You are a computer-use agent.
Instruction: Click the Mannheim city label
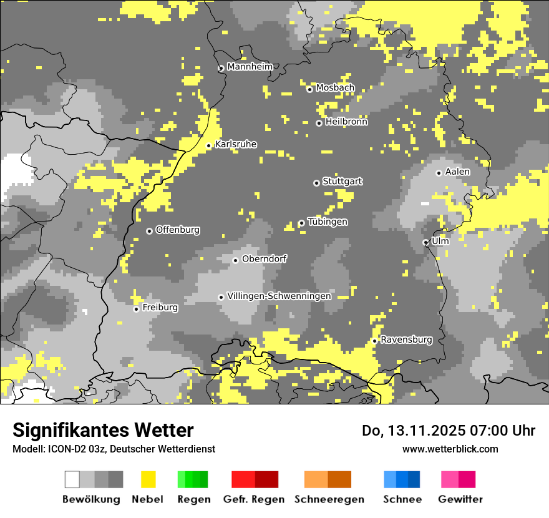click(250, 66)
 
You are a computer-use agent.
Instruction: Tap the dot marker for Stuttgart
click(316, 183)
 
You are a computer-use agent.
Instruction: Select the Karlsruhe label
click(235, 144)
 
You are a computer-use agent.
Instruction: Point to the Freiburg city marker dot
click(136, 309)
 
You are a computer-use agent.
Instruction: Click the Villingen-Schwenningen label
click(279, 296)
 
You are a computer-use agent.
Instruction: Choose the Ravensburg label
click(406, 340)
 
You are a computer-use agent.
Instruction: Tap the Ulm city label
click(440, 240)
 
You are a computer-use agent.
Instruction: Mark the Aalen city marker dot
click(439, 173)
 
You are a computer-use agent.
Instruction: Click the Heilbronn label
click(346, 122)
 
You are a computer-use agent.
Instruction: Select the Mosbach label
click(335, 87)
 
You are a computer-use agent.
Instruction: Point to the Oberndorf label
click(264, 258)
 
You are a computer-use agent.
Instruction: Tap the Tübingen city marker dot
click(301, 223)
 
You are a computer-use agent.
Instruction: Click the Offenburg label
click(178, 230)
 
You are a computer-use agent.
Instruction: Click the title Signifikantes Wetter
click(103, 430)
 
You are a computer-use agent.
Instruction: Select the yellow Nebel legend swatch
click(148, 479)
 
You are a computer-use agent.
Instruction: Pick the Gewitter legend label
click(460, 499)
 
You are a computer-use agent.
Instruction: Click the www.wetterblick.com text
click(450, 449)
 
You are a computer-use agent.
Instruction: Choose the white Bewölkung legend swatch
click(72, 479)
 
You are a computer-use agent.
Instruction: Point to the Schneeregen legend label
click(329, 499)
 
